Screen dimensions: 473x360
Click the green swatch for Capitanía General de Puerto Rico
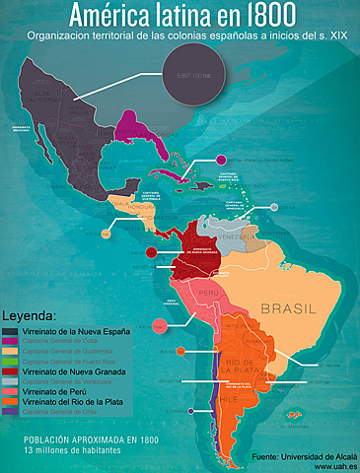point(9,360)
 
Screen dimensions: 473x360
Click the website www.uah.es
point(334,466)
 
